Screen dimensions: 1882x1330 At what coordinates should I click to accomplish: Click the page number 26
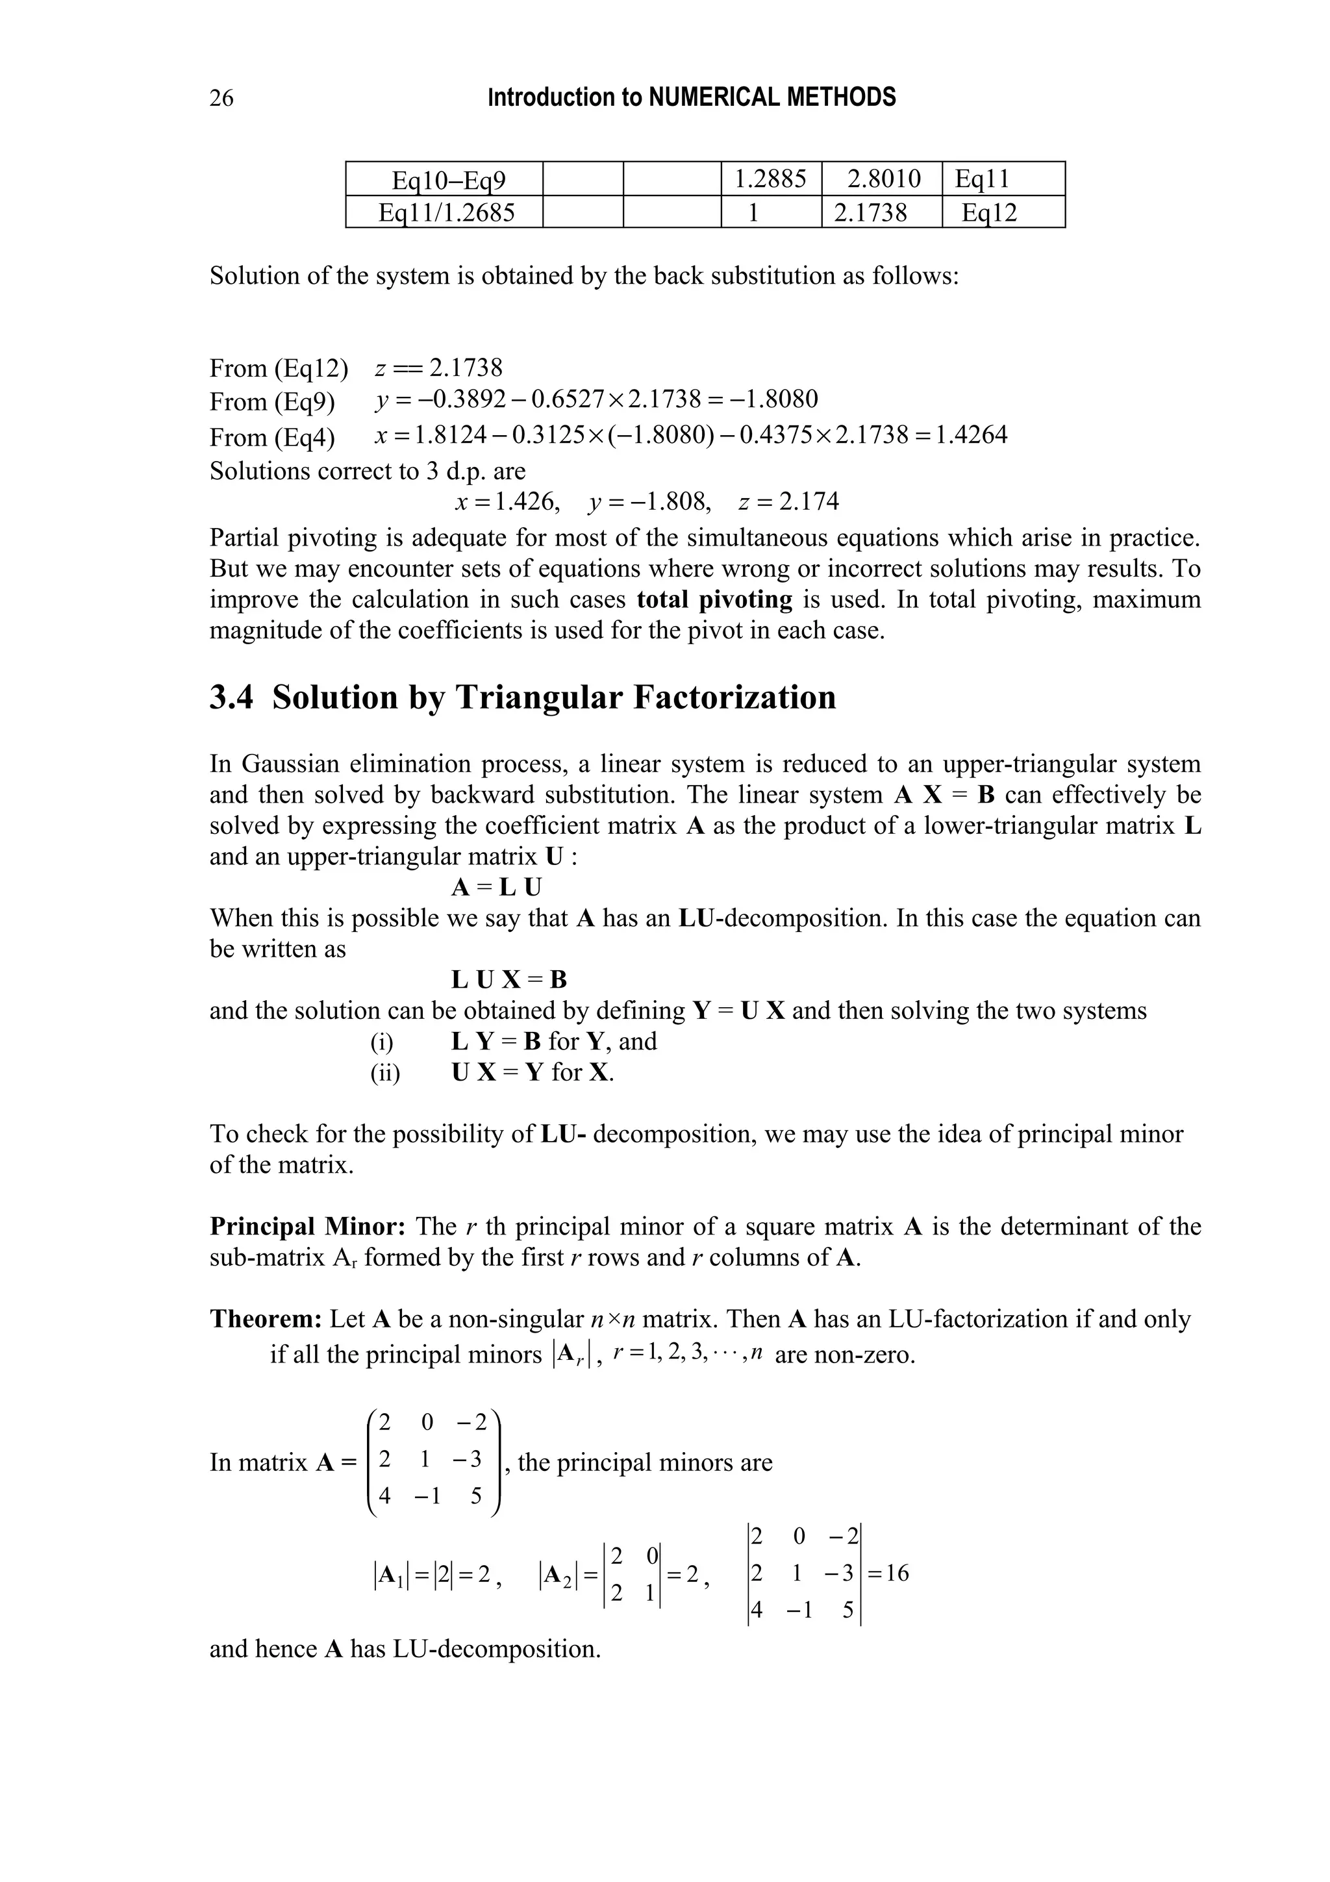point(221,97)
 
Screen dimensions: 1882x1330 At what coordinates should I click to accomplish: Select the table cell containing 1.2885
point(770,179)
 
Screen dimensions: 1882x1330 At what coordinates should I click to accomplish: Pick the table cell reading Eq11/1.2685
point(445,212)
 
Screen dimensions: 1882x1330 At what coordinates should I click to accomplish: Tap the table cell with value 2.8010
point(883,179)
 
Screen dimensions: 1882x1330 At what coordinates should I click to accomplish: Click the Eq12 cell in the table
point(989,213)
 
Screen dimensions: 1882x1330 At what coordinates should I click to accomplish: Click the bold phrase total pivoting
point(714,599)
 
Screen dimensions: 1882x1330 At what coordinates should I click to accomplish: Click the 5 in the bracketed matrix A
point(476,1497)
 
